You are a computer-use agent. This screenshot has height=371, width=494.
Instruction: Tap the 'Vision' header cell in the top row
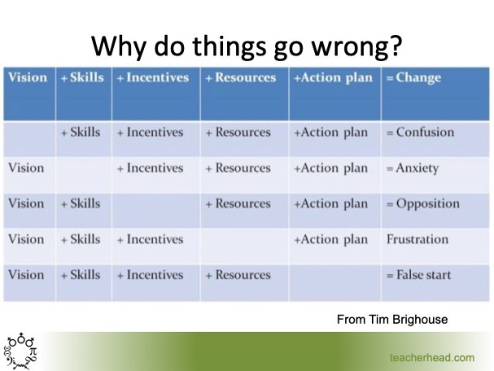pos(28,78)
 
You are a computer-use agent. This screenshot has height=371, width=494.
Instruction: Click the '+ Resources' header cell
pos(240,78)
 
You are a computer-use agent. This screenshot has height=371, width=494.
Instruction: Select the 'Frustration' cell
pos(417,239)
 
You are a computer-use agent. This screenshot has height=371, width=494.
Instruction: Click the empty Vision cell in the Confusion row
pos(29,133)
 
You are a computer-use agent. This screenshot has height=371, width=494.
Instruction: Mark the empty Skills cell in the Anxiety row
pos(84,169)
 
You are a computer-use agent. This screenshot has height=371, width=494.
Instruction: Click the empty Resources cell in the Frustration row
pos(244,240)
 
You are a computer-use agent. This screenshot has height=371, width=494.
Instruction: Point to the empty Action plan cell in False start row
pos(334,276)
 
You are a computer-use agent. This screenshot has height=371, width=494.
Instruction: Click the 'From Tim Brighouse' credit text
pos(391,320)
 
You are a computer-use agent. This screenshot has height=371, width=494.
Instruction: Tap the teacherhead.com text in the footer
pos(431,357)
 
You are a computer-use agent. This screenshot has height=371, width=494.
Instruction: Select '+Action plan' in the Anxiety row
pos(330,168)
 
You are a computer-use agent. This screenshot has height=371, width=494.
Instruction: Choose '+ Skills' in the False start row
pos(81,275)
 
